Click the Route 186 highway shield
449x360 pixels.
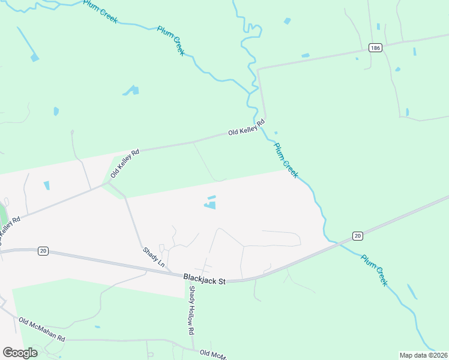[375, 47]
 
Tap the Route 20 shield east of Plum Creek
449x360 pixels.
[357, 236]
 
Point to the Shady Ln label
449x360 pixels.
[153, 257]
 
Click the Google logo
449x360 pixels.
[20, 352]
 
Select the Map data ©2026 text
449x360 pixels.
[424, 355]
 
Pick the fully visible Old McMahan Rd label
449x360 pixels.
[41, 329]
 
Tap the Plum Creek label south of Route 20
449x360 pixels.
[373, 270]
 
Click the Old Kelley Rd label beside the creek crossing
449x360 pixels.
[246, 128]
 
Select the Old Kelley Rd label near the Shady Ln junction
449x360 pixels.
[124, 164]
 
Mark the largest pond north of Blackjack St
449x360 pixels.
[210, 205]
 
